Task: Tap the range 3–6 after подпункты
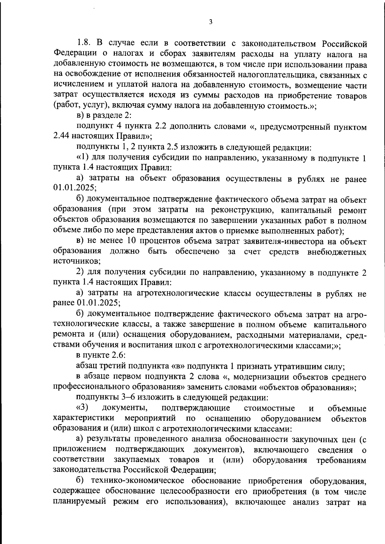128,398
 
